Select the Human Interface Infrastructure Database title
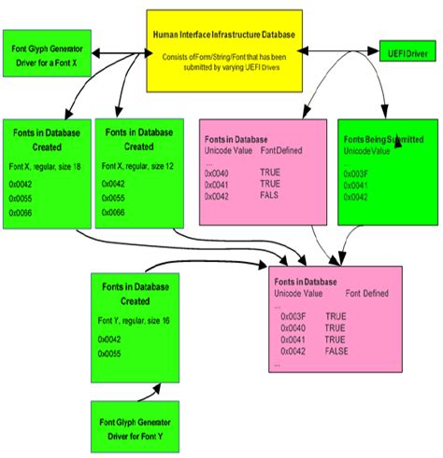pos(224,35)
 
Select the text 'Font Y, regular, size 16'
pos(135,321)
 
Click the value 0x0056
pos(21,214)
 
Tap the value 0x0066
pos(112,214)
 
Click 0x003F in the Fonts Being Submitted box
pos(357,173)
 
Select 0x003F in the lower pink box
pos(293,316)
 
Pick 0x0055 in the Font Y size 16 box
pos(112,354)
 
